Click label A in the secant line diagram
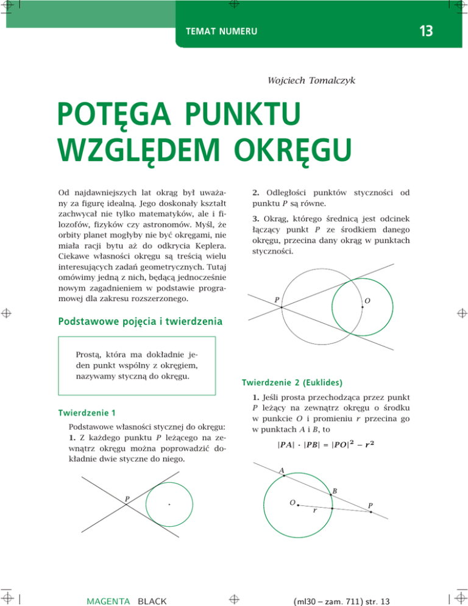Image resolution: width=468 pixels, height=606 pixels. coord(281,471)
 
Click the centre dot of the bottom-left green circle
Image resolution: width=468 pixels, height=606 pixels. coord(168,504)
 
